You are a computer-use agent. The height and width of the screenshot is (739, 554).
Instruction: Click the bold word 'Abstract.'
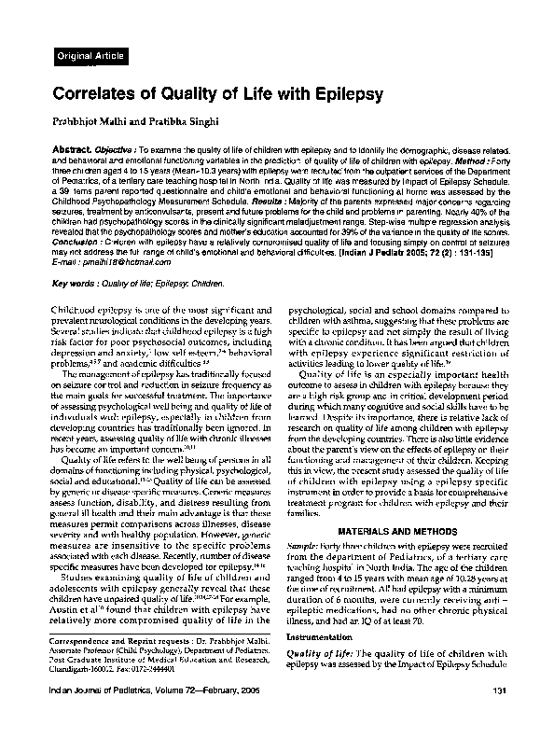click(x=84, y=149)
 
